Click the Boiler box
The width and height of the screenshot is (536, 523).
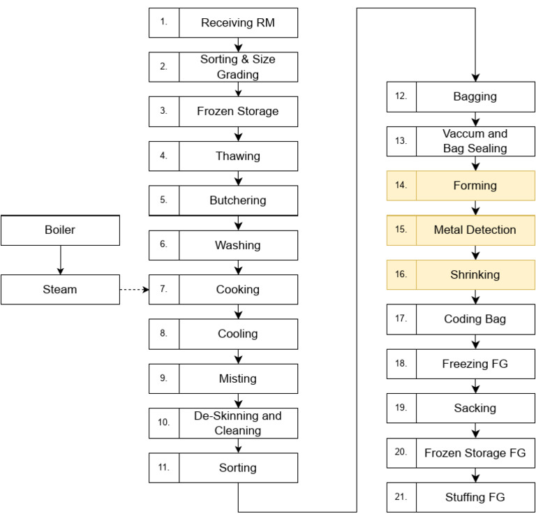point(60,230)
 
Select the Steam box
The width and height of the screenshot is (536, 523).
point(60,289)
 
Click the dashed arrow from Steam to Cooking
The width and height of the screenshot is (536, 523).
point(135,289)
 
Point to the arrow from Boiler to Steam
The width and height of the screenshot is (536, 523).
point(60,260)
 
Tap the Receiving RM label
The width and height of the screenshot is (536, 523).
point(238,23)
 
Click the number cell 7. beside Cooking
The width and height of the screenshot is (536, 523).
point(164,289)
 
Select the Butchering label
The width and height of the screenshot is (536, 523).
point(238,200)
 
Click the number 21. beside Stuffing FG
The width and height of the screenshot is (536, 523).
point(401,497)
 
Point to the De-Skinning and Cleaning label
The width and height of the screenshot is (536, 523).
point(238,422)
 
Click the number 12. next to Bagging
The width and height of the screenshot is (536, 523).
point(401,97)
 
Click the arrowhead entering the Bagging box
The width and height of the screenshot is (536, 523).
point(475,78)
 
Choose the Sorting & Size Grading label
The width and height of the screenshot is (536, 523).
point(238,66)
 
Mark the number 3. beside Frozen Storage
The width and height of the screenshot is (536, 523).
point(164,111)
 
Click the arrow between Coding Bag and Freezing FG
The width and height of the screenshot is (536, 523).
point(475,342)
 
